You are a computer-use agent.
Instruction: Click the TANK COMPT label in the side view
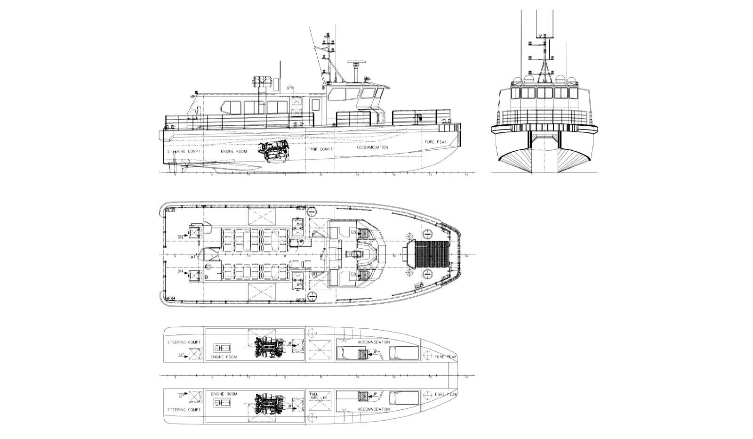[320, 149]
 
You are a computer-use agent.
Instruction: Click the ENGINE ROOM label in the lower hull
[224, 393]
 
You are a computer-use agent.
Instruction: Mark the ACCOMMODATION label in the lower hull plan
[374, 409]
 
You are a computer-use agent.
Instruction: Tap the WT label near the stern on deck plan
[193, 257]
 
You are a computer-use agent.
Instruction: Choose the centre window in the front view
[545, 92]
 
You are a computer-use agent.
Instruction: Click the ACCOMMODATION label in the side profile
[372, 147]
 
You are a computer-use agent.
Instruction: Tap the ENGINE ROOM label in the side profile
[234, 152]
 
